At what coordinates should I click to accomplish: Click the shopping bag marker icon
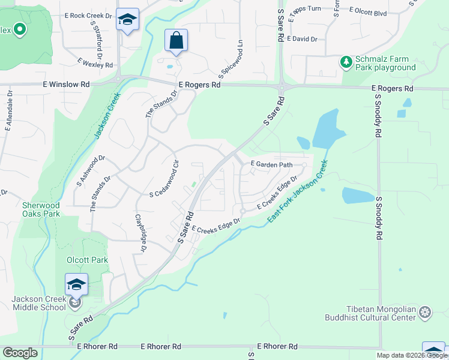pos(176,40)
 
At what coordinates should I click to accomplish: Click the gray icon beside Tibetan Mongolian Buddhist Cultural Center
pos(425,312)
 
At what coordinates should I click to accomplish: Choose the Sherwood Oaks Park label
pos(41,209)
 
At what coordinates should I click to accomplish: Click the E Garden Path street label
pos(271,164)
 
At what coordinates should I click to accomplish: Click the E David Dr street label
pos(302,39)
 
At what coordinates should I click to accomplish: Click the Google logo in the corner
pos(20,353)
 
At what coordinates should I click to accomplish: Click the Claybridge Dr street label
pos(141,233)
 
